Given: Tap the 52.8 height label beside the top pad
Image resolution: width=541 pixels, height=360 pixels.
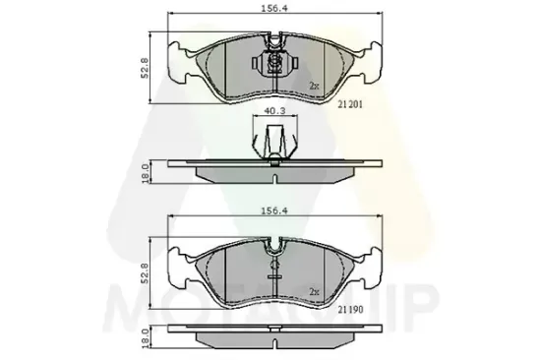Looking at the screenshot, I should click(x=146, y=67).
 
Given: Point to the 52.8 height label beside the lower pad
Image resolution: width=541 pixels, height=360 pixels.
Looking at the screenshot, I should click(x=146, y=271).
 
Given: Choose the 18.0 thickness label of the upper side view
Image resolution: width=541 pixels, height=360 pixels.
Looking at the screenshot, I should click(x=146, y=172).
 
